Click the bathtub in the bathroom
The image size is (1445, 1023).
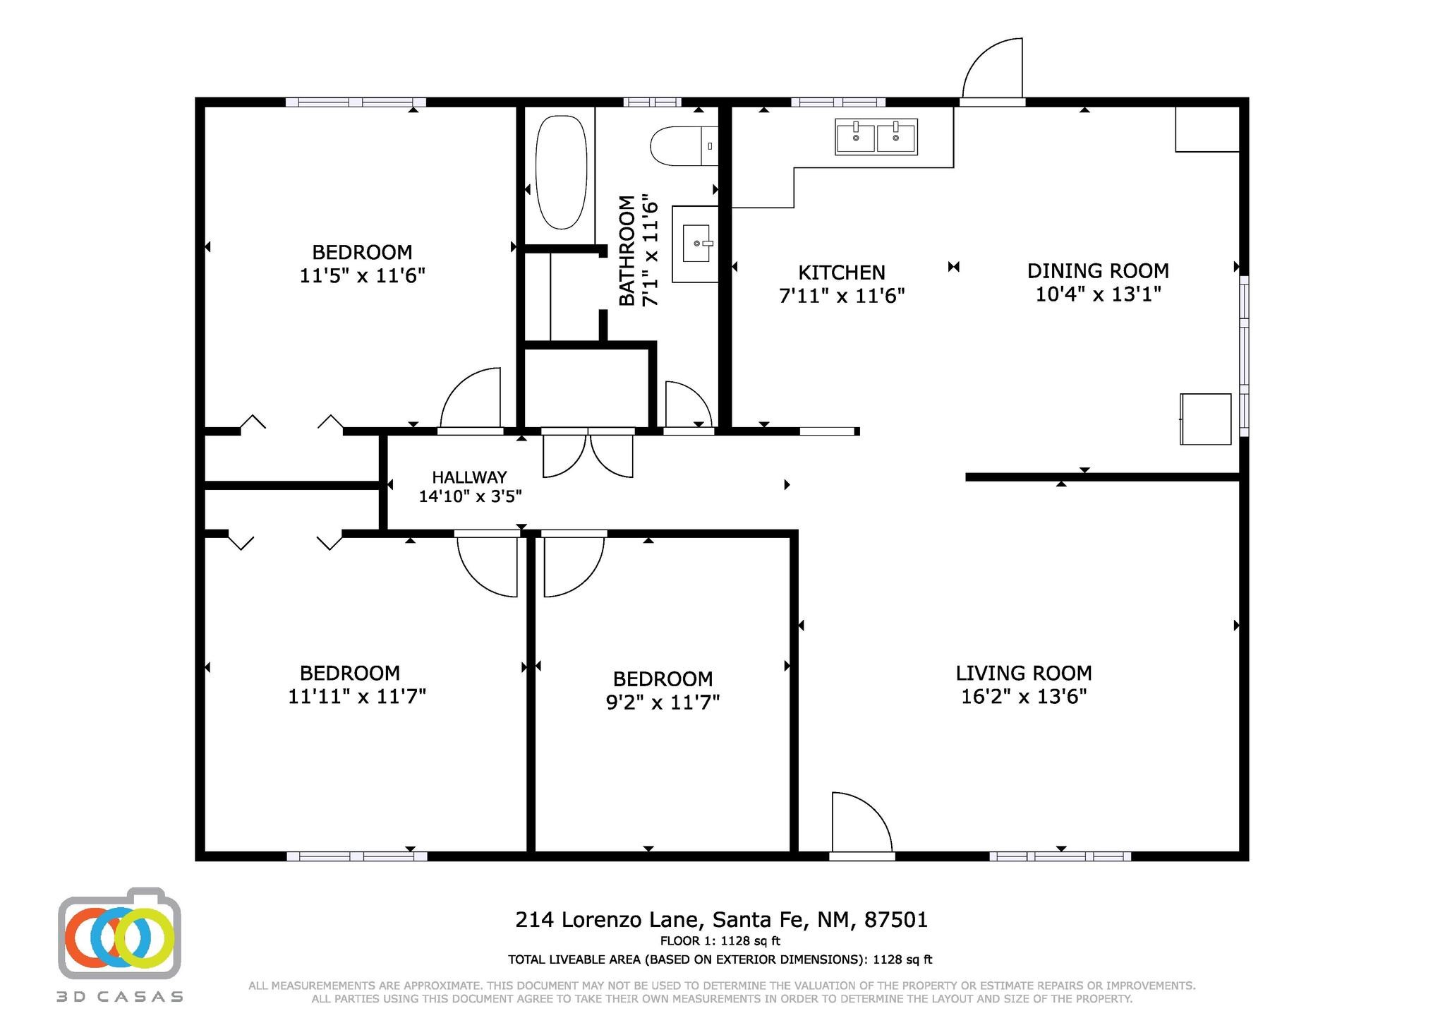tap(561, 172)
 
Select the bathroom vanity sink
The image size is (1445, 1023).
tap(696, 244)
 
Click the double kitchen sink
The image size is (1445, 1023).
tap(876, 137)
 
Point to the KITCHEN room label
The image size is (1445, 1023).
tap(841, 273)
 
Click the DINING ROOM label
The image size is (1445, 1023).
tap(1097, 270)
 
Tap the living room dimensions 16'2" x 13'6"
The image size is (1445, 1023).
tap(1023, 697)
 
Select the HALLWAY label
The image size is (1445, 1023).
tap(469, 477)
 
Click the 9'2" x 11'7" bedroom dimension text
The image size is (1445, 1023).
tap(663, 702)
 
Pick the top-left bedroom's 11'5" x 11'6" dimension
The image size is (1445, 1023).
tap(362, 275)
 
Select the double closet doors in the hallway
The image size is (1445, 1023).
tap(588, 453)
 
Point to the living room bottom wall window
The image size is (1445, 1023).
tap(1060, 856)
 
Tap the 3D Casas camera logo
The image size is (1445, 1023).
tap(119, 934)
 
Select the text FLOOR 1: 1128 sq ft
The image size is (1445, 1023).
tap(720, 940)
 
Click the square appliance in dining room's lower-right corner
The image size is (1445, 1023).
tap(1205, 419)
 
